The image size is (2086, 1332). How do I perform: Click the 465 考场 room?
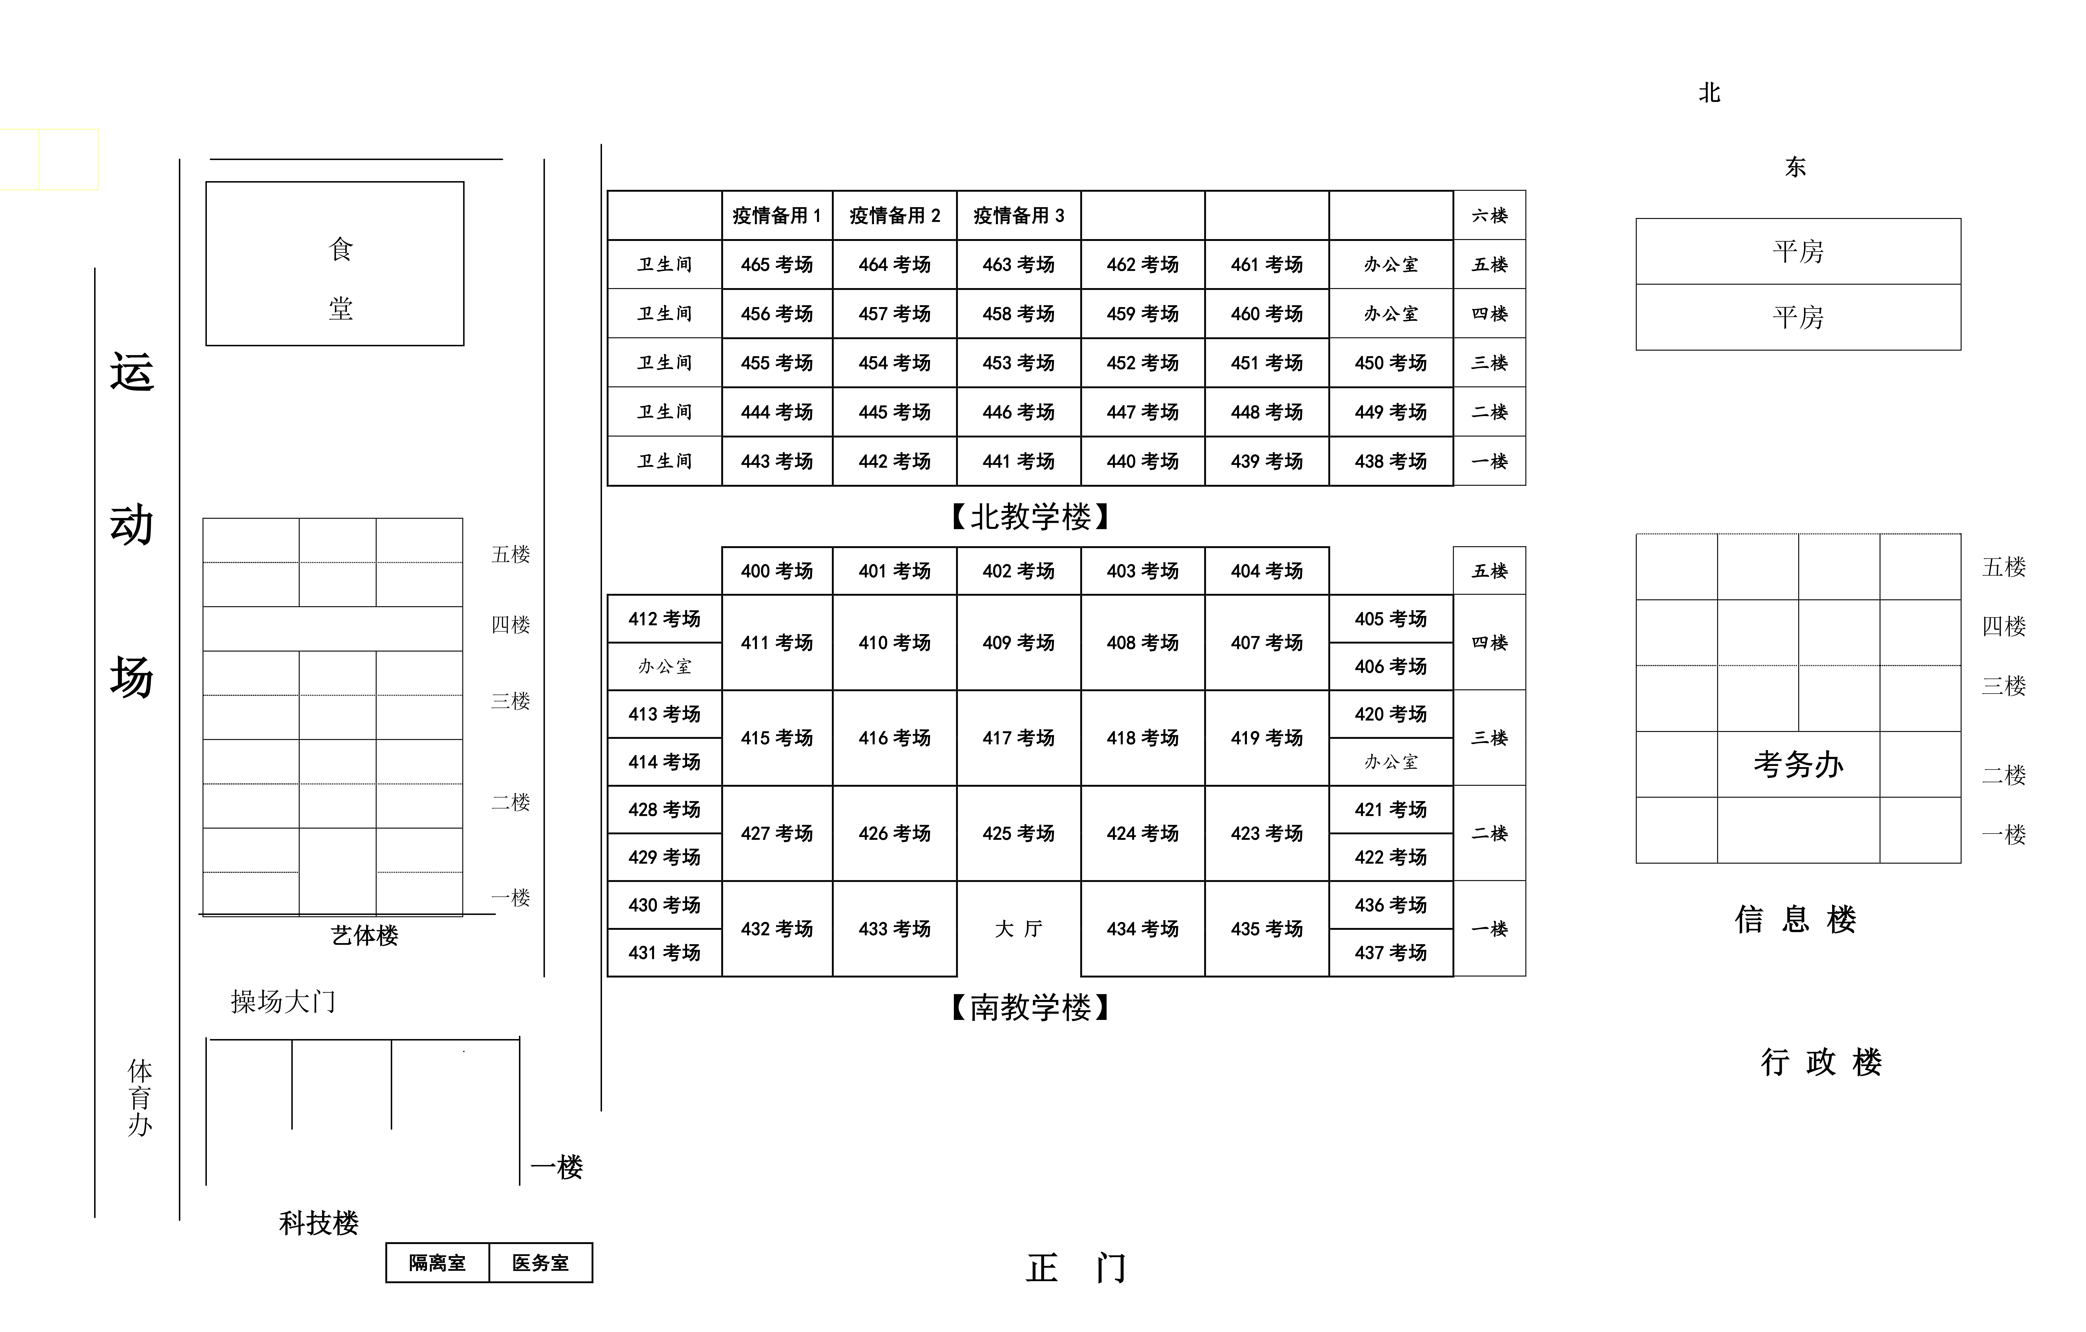pos(777,264)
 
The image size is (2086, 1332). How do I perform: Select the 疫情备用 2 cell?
pos(895,216)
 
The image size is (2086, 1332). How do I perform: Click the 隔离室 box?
pos(438,1263)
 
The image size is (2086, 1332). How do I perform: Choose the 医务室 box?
pos(541,1263)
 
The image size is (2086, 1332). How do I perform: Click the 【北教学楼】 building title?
pos(1031,517)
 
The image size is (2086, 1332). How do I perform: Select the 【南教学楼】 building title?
pos(1031,1007)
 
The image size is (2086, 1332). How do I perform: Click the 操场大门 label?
pos(283,1002)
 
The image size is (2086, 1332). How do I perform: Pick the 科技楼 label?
pos(319,1223)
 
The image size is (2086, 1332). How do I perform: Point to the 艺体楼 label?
pos(365,935)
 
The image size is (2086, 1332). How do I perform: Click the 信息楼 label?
pos(1796,920)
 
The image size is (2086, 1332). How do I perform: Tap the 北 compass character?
pos(1709,93)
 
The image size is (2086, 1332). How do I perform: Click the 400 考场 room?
pos(777,571)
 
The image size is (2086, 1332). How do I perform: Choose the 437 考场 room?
pos(1391,953)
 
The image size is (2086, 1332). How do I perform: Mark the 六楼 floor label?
pos(1490,216)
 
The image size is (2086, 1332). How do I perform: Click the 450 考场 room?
pos(1391,363)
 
